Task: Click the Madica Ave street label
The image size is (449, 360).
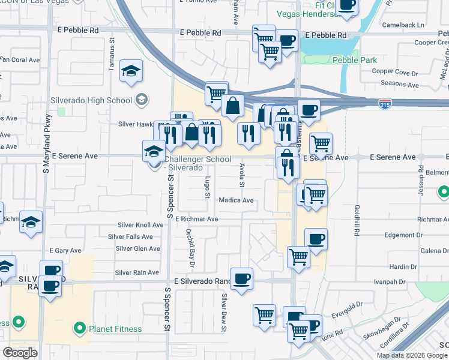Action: pyautogui.click(x=236, y=200)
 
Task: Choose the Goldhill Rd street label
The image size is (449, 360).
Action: pyautogui.click(x=357, y=213)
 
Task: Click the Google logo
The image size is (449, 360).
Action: pyautogui.click(x=20, y=353)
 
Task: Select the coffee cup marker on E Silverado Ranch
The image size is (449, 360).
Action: pyautogui.click(x=241, y=279)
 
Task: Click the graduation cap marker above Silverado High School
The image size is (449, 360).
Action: pyautogui.click(x=131, y=71)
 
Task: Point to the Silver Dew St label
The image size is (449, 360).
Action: pyautogui.click(x=223, y=312)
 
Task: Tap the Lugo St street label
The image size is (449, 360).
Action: pyautogui.click(x=207, y=187)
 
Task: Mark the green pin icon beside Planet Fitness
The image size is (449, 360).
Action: pyautogui.click(x=79, y=328)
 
